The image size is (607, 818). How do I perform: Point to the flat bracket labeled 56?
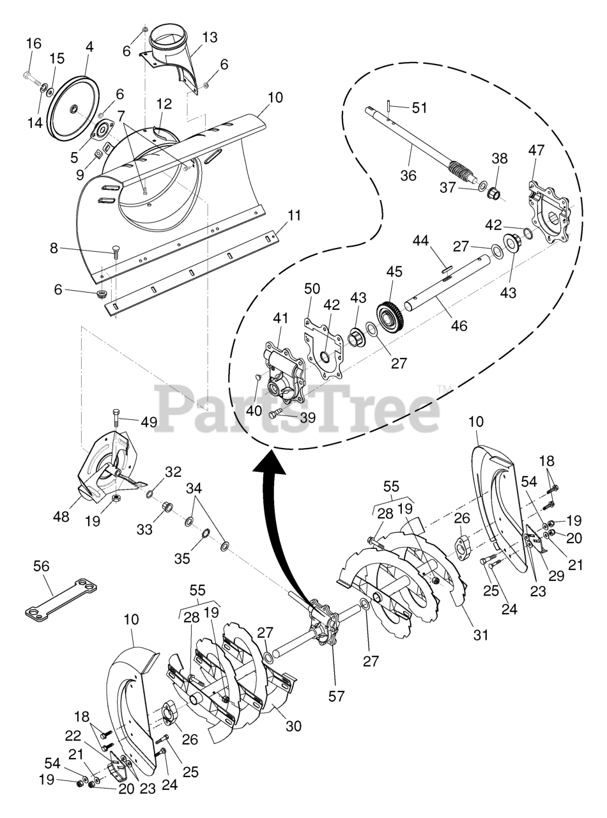click(61, 598)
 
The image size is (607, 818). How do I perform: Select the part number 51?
click(419, 107)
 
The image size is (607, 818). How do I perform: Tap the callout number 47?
click(536, 151)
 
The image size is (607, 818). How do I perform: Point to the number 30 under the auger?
click(293, 726)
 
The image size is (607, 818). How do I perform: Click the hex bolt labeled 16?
click(28, 78)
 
